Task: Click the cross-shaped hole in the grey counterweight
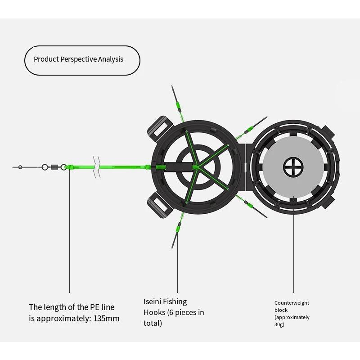293,167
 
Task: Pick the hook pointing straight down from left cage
176,236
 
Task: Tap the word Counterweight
292,303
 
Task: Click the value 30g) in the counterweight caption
279,324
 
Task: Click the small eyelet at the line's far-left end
20,167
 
